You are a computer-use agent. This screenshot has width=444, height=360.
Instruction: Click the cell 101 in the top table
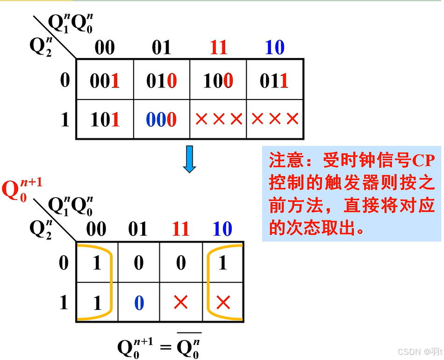105,120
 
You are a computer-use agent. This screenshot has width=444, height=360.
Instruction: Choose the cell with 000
161,120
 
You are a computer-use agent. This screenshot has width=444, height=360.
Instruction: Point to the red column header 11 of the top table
218,48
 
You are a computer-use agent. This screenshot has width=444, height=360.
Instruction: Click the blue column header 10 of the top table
274,48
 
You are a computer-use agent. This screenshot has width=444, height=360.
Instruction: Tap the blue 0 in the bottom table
139,303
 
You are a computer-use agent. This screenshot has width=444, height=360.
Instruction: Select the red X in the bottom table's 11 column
180,303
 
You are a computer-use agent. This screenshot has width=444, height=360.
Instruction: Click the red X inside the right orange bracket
223,303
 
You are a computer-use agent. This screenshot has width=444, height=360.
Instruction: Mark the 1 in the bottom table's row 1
97,303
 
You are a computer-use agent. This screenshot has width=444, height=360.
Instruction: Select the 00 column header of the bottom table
97,229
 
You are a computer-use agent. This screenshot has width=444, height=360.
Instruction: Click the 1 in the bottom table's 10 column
223,263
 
